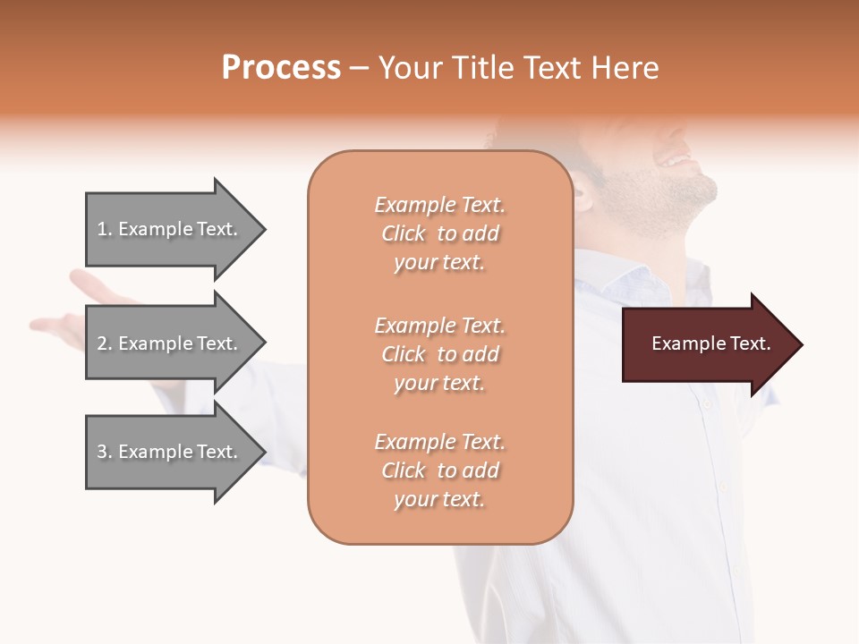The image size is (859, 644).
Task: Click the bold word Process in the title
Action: coord(281,68)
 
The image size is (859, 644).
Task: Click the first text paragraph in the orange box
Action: coord(439,233)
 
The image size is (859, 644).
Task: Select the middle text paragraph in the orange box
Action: coord(439,354)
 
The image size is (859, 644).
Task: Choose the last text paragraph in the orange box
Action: coord(439,470)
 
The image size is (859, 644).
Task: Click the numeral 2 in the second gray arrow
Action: coord(102,343)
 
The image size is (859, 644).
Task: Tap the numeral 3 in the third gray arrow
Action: coord(102,452)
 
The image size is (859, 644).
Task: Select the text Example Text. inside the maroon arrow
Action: coord(711,343)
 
